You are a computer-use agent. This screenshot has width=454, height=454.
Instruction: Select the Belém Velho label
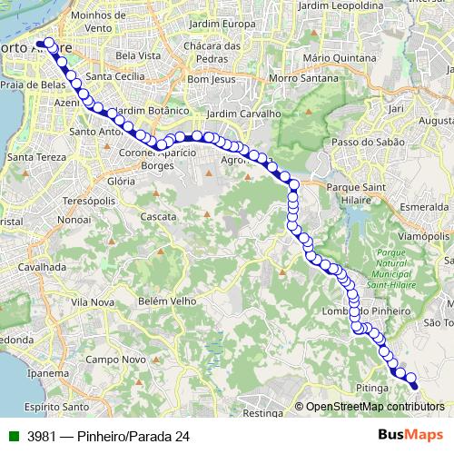pos(167,301)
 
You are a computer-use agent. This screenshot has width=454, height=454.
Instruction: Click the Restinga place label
pos(264,412)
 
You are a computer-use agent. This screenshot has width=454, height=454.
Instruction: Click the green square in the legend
pos(13,436)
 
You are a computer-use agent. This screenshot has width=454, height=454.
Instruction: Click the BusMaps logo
pos(410,435)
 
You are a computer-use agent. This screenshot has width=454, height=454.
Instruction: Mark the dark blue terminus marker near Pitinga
pos(413,386)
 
